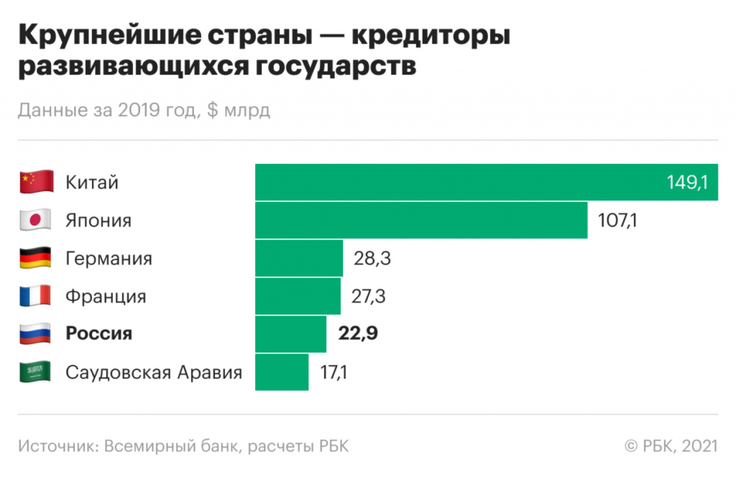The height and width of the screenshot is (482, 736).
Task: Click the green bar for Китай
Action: click(x=460, y=182)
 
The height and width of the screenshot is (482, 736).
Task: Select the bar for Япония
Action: click(x=421, y=220)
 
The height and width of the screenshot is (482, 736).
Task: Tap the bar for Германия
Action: click(x=299, y=258)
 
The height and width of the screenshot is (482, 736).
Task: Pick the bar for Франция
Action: click(x=298, y=296)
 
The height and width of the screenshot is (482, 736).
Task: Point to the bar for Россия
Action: click(x=290, y=334)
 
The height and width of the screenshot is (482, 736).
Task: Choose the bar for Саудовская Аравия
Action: click(x=282, y=372)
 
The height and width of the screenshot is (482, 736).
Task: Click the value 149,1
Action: click(x=687, y=182)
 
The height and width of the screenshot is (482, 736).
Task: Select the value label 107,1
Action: click(x=617, y=220)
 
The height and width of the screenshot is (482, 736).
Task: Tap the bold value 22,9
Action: click(x=357, y=334)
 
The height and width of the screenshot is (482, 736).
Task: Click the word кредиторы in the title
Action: click(x=432, y=37)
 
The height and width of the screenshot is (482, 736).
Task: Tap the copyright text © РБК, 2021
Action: click(x=671, y=446)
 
